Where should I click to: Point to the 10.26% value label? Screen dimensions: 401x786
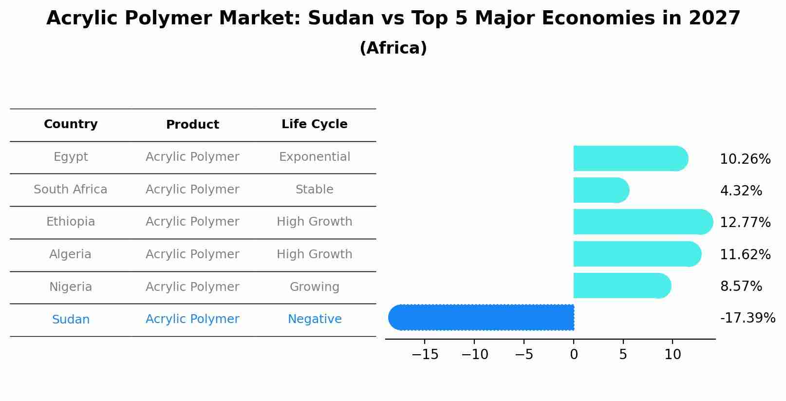pos(745,159)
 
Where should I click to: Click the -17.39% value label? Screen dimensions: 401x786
pos(747,318)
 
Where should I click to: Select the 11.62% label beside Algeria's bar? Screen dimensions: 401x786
pos(745,255)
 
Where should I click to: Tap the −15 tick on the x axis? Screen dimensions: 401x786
pos(425,355)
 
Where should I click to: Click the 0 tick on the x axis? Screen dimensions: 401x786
pos(574,355)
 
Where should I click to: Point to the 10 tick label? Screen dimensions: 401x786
pos(673,355)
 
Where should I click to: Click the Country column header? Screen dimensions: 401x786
pos(71,124)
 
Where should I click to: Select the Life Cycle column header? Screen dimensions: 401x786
pos(314,124)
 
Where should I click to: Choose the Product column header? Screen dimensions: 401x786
pos(192,125)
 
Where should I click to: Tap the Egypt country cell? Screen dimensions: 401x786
pos(71,157)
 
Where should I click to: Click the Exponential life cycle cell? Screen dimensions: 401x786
pos(314,157)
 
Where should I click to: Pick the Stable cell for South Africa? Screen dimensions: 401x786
pos(314,190)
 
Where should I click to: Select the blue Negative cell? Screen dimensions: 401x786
pos(314,319)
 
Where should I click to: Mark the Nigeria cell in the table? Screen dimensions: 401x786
pos(71,287)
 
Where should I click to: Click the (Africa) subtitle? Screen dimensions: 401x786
pos(393,48)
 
